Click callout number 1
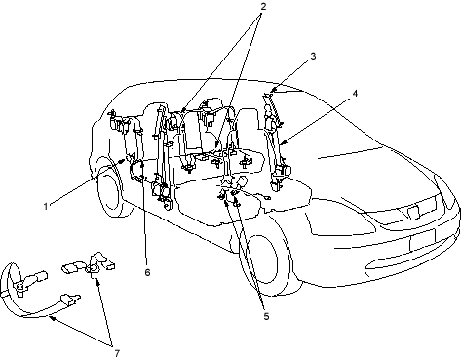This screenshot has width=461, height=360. coord(46,206)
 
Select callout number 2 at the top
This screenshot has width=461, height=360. coord(263,6)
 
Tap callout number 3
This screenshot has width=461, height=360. coord(313,56)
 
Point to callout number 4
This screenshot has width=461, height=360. coord(355,94)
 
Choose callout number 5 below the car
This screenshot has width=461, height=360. coord(266,316)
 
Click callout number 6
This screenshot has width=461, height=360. coord(147,272)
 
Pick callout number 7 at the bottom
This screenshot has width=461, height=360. coord(117,353)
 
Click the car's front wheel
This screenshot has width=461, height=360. coord(264,260)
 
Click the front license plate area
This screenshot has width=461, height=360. coord(422,240)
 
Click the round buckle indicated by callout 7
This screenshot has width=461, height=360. coord(93,268)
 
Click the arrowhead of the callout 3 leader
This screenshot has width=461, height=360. coord(272,91)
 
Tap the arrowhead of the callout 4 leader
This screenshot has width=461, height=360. coord(283,142)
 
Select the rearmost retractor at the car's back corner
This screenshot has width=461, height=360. coord(117,122)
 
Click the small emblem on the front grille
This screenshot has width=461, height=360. coord(414,212)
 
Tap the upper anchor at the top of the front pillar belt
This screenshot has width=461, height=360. coord(267,96)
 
